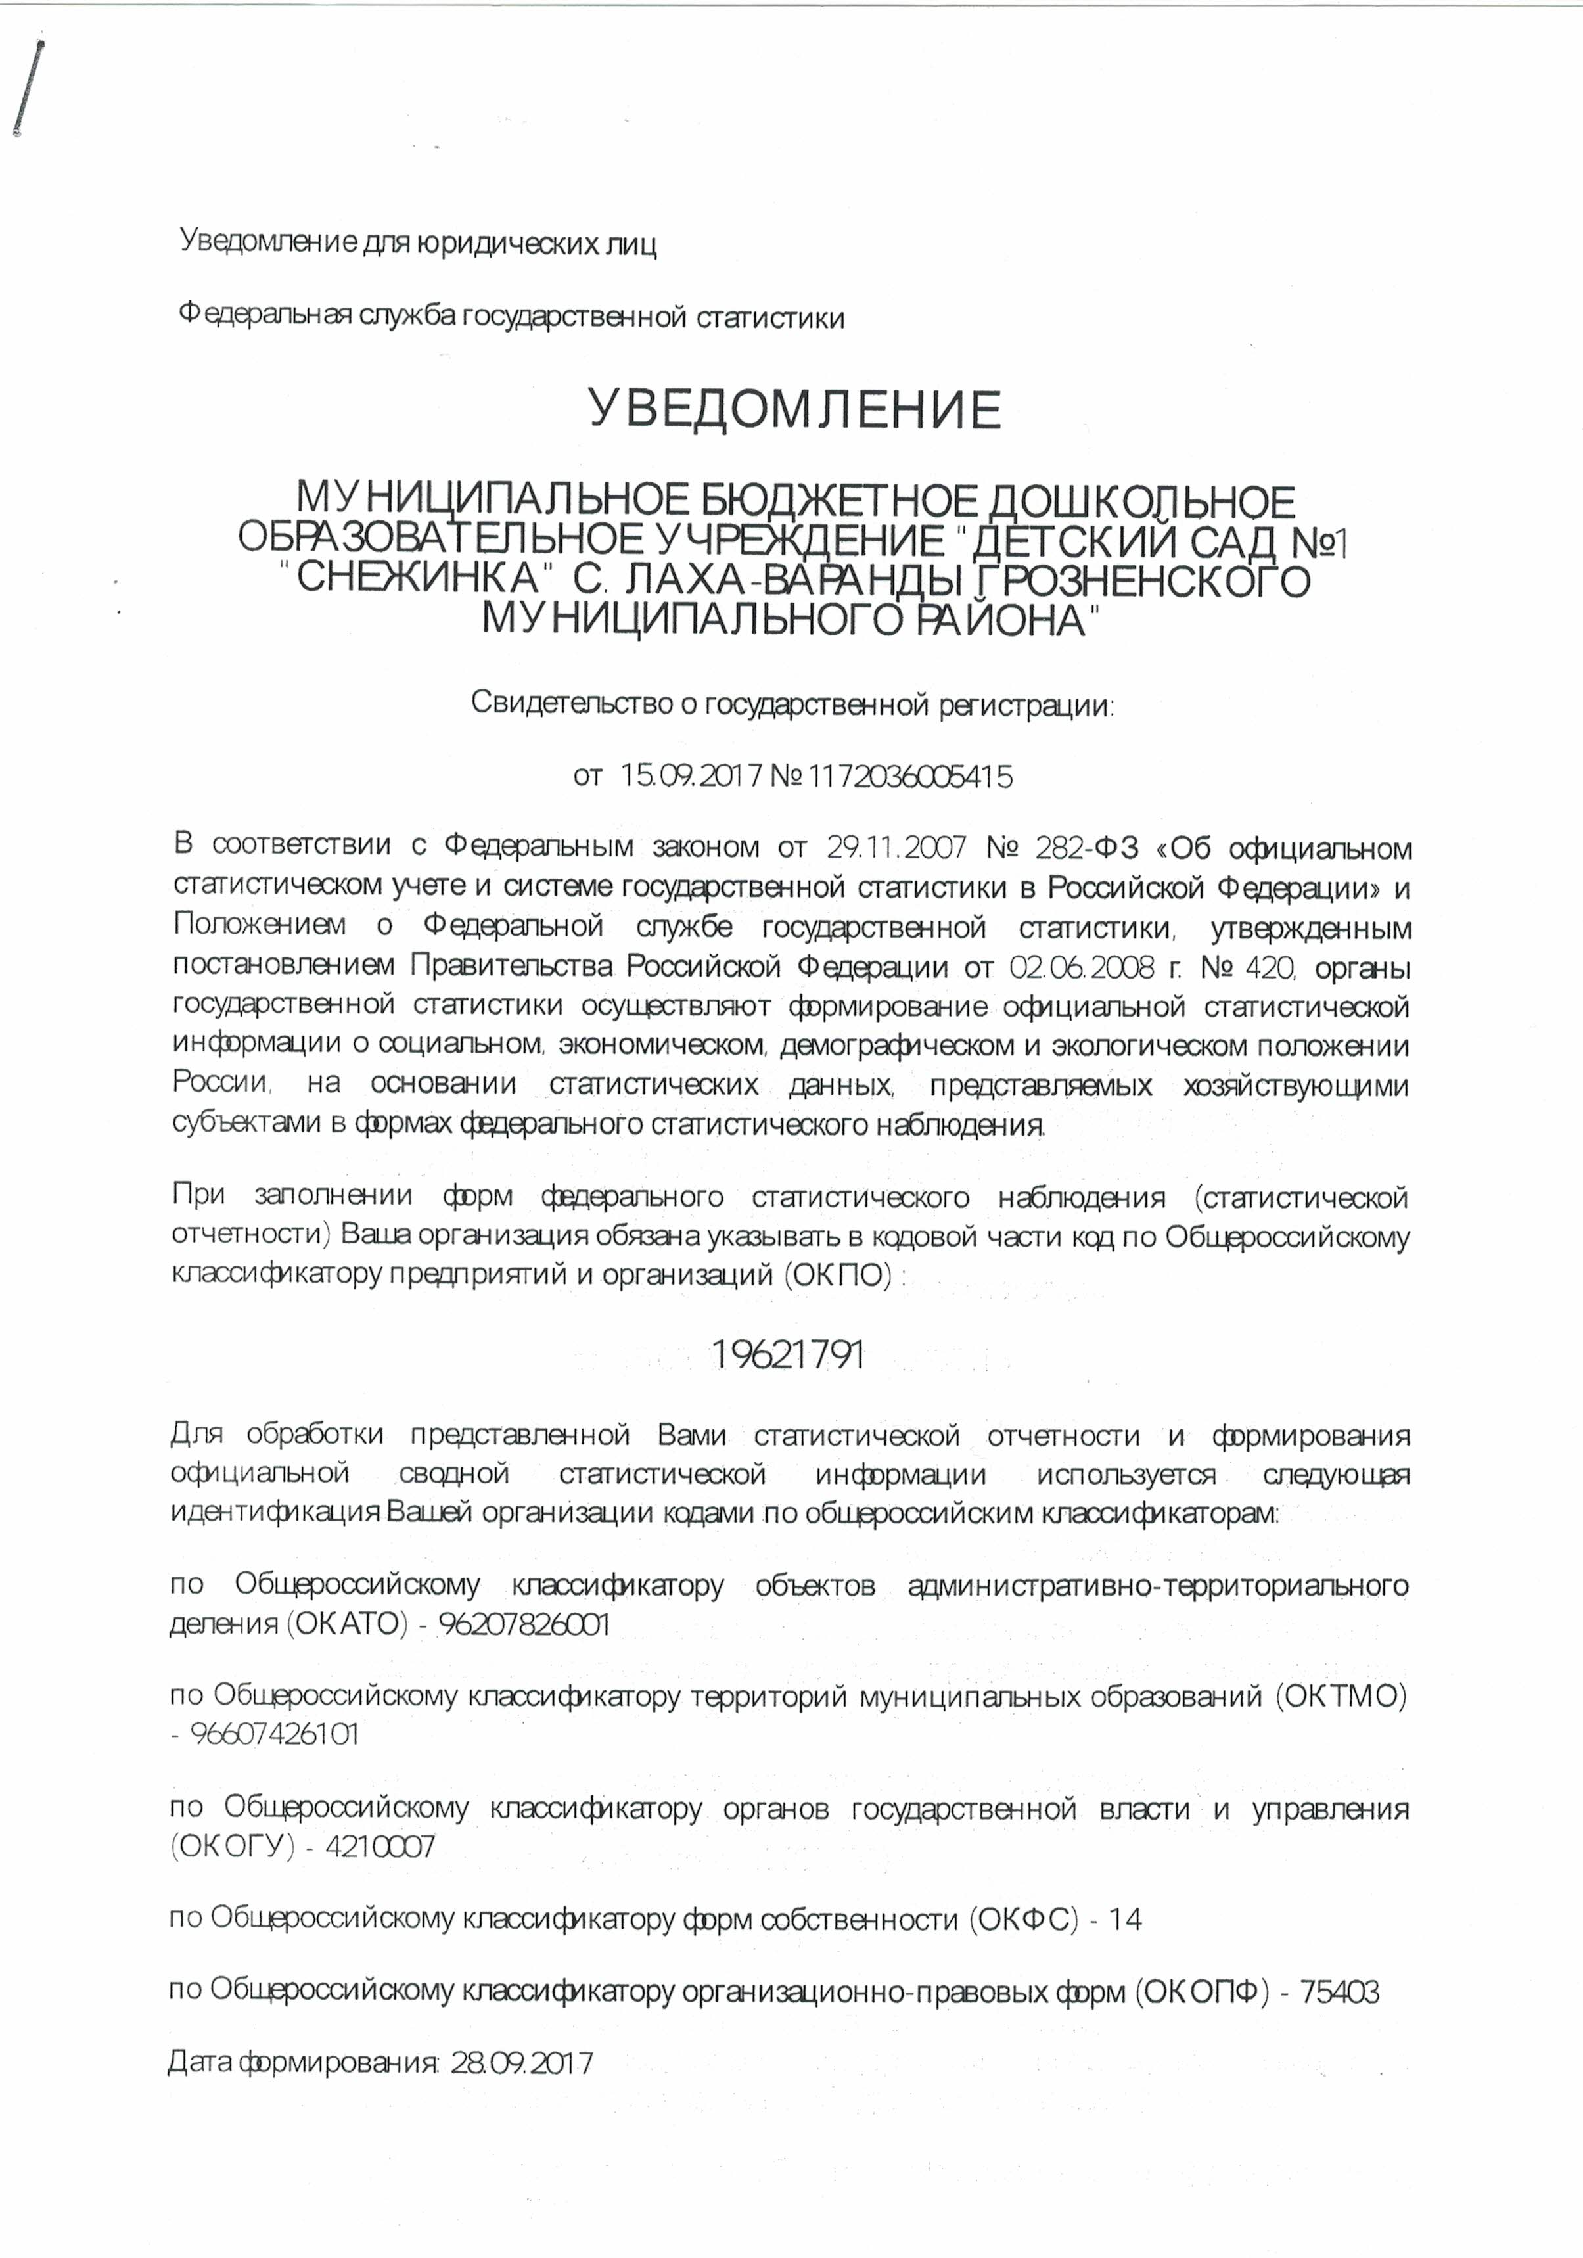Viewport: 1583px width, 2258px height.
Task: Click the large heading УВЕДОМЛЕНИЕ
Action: pos(794,409)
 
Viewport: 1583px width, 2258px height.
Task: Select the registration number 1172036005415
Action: pos(909,778)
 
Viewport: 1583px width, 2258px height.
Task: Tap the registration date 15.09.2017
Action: pos(691,778)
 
